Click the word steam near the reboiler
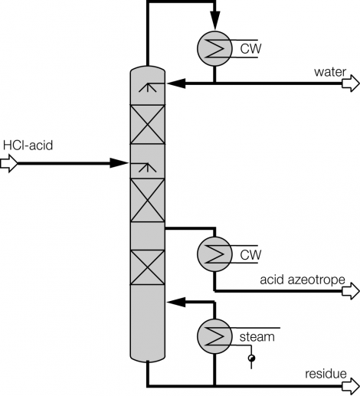[x=256, y=335]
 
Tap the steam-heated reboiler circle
[x=214, y=335]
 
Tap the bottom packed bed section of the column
[x=145, y=267]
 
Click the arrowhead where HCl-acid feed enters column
[x=119, y=162]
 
